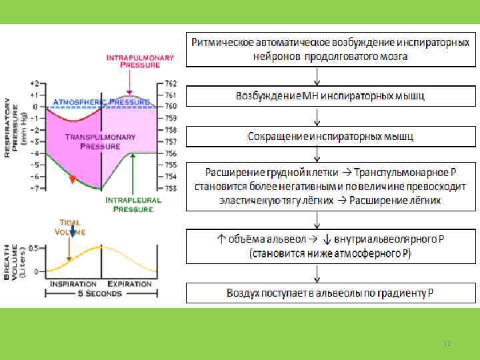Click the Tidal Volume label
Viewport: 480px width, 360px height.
pyautogui.click(x=73, y=227)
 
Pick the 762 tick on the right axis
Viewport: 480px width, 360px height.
pyautogui.click(x=171, y=83)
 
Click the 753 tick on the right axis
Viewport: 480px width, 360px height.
pyautogui.click(x=171, y=188)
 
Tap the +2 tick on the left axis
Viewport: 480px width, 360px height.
pyautogui.click(x=35, y=83)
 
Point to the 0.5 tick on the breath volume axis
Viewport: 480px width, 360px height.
pyautogui.click(x=31, y=247)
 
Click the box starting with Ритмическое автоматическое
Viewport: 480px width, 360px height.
pyautogui.click(x=331, y=49)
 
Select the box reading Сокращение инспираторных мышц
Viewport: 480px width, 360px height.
pyautogui.click(x=331, y=137)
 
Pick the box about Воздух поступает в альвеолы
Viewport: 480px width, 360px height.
pyautogui.click(x=331, y=293)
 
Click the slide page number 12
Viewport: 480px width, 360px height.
pyautogui.click(x=447, y=343)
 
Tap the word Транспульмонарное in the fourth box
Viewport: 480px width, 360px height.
pyautogui.click(x=398, y=171)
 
